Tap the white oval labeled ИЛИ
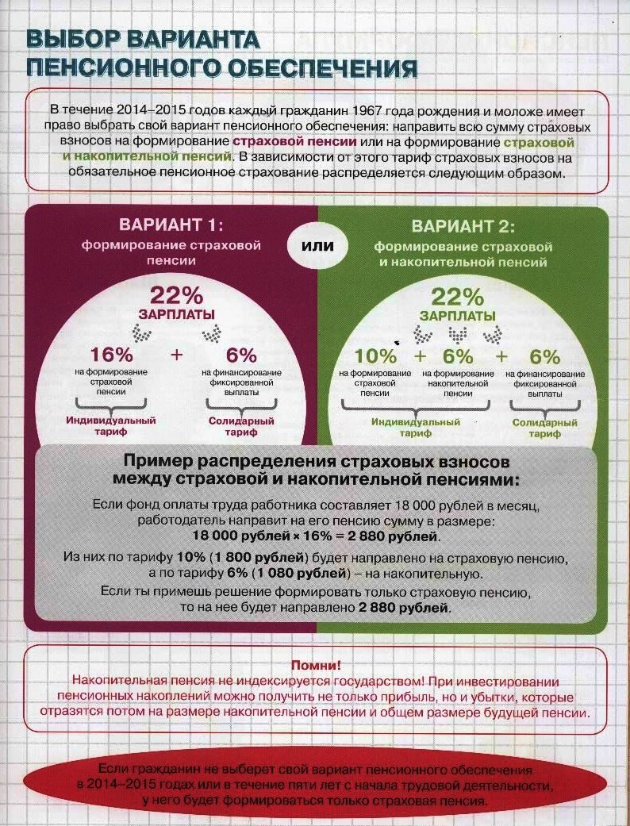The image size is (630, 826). pyautogui.click(x=317, y=246)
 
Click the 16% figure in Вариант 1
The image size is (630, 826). pyautogui.click(x=113, y=355)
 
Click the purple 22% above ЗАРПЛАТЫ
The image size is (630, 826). pyautogui.click(x=177, y=295)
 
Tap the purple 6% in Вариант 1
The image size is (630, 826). pyautogui.click(x=242, y=355)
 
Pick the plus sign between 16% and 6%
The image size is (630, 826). pyautogui.click(x=176, y=355)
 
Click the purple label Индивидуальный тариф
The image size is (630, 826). pyautogui.click(x=110, y=426)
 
